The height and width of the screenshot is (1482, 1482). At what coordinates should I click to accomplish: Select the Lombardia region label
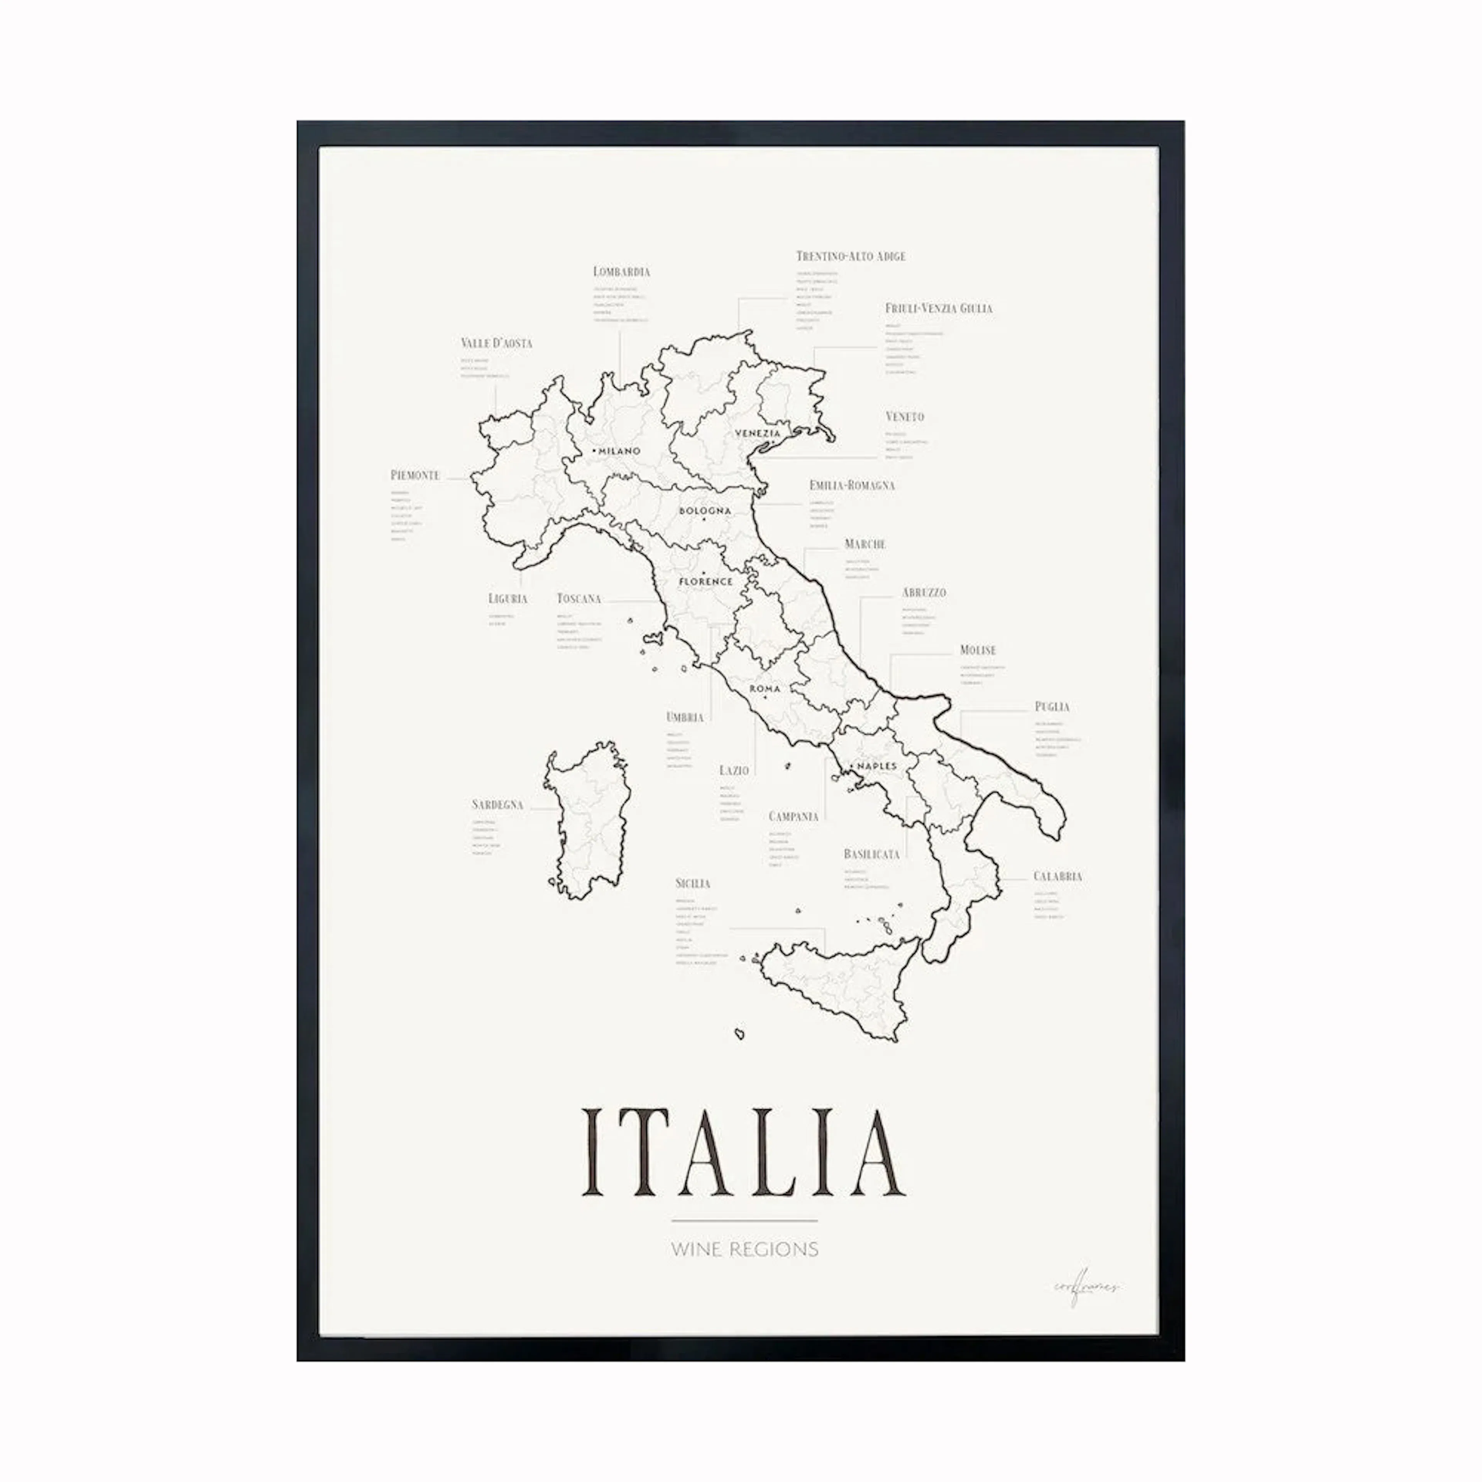point(621,272)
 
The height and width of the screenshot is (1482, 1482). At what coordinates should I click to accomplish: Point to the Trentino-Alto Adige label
point(850,256)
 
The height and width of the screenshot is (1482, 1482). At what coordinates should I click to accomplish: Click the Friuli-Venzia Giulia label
point(938,308)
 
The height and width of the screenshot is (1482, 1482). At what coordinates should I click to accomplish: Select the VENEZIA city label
point(757,433)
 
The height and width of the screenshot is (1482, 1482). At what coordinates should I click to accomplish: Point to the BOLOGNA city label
point(705,511)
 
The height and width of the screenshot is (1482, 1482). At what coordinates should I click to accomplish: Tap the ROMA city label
point(765,689)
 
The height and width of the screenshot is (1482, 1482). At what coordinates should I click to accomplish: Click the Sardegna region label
point(497,805)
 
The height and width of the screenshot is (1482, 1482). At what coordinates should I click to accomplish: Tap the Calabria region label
point(1057,876)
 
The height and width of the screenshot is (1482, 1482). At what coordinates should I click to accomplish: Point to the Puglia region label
point(1052,707)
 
